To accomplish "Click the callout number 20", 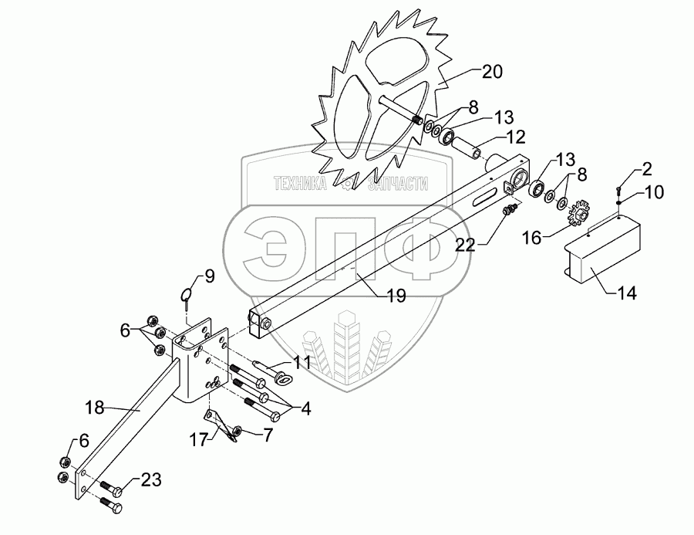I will tap(492, 73).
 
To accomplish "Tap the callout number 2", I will tap(646, 170).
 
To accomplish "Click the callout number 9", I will tap(209, 276).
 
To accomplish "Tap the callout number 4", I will tap(305, 408).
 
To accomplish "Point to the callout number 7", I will tap(268, 435).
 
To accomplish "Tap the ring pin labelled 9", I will tap(188, 298).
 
